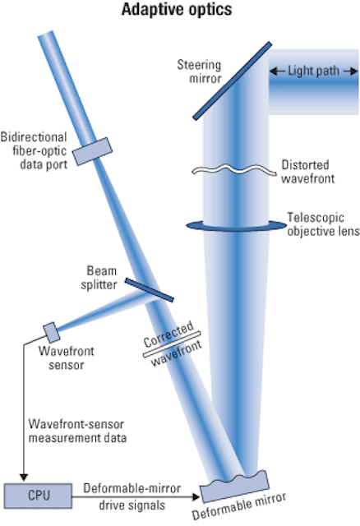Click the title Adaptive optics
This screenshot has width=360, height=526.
(x=177, y=9)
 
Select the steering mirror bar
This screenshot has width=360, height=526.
(x=232, y=81)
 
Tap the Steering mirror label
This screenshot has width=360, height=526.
(x=200, y=72)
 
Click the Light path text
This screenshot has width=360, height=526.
(x=314, y=72)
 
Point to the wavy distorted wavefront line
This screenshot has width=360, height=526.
(x=234, y=169)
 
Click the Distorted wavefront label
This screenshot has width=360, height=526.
(x=307, y=172)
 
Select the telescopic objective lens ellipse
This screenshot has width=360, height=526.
(x=236, y=226)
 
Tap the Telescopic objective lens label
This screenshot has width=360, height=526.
(x=324, y=224)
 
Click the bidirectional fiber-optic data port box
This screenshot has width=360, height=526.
(x=93, y=151)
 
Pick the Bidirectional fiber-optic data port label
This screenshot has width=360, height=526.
(x=34, y=150)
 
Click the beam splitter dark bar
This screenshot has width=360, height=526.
(x=150, y=290)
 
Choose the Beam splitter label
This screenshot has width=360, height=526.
(x=99, y=278)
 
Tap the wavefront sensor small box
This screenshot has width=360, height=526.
(x=52, y=332)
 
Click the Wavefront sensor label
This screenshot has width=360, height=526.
(x=66, y=358)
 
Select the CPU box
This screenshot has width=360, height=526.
(x=39, y=496)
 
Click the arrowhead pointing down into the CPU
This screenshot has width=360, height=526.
(x=24, y=477)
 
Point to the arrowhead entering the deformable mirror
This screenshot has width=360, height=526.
(x=196, y=496)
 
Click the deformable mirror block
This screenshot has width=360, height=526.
(x=235, y=487)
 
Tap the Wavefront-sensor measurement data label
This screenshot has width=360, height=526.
(x=77, y=431)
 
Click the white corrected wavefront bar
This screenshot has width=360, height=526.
(x=172, y=344)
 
